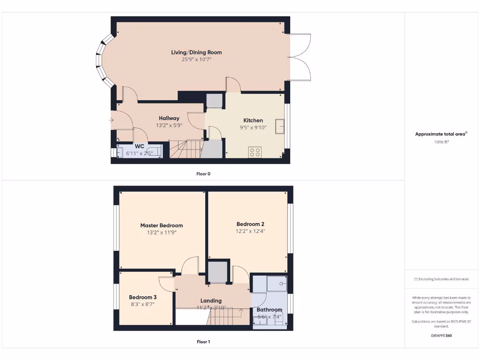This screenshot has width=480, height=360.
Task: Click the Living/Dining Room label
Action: click(x=196, y=52)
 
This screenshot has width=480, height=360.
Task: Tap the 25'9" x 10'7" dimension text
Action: click(x=196, y=60)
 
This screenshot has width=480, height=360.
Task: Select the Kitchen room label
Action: click(x=253, y=120)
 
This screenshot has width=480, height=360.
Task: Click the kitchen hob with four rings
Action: click(x=255, y=152)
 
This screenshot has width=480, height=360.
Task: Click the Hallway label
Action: click(x=169, y=118)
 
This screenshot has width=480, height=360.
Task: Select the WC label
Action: click(x=139, y=146)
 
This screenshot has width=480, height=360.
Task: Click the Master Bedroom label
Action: click(x=162, y=225)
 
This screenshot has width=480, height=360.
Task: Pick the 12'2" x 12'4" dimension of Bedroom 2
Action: click(x=250, y=231)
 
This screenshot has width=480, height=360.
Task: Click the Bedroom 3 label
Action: click(x=142, y=297)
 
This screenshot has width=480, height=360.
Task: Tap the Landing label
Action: click(x=211, y=300)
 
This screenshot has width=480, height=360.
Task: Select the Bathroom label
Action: click(x=270, y=309)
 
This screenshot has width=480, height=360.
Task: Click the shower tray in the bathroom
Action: click(x=276, y=284)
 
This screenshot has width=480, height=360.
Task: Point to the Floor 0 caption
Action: click(x=203, y=173)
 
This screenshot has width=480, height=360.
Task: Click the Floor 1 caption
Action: click(x=203, y=342)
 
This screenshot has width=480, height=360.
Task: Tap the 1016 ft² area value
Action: click(x=441, y=141)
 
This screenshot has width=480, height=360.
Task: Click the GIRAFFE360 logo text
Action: click(x=441, y=336)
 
